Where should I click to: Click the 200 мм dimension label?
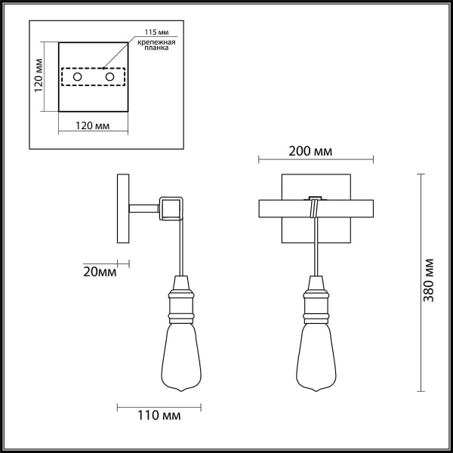(310, 151)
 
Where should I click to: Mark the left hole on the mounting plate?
(76, 76)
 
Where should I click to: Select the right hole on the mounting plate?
(110, 76)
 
